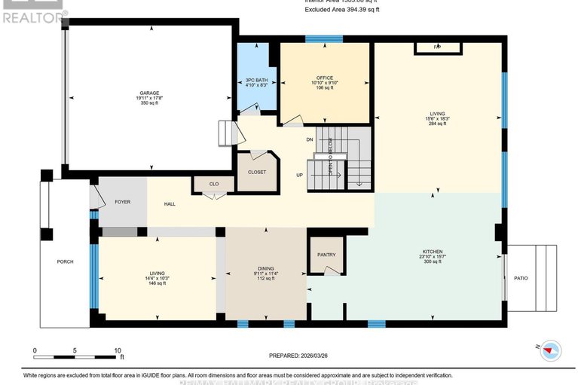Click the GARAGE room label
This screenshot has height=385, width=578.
pos(148,93)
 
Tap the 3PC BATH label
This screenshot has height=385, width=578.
pos(256,80)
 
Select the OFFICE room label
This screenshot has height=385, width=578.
pos(325,78)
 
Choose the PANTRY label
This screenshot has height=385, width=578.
pos(326,255)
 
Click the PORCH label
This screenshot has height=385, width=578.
pos(66,262)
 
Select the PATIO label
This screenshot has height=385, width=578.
pos(521,278)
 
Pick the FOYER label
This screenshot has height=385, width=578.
pos(122,201)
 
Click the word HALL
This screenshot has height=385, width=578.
pos(170,204)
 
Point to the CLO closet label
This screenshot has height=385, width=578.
pos(213,183)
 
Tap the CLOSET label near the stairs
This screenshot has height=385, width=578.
pos(257,172)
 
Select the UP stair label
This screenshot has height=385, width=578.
pos(300,176)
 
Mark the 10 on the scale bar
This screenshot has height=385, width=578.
pos(118,350)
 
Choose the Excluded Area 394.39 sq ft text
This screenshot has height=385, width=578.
pos(344,9)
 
